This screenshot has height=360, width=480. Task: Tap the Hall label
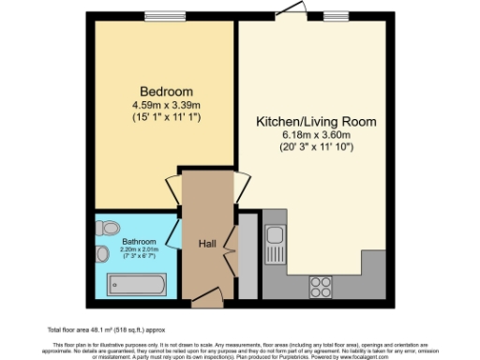click(207, 244)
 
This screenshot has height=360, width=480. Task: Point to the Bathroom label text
click(139, 241)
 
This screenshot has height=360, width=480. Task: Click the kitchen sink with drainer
click(275, 246)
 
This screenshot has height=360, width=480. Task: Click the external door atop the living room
click(297, 12)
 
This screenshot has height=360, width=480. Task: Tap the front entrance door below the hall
click(206, 299)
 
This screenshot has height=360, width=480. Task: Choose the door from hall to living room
click(241, 184)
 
